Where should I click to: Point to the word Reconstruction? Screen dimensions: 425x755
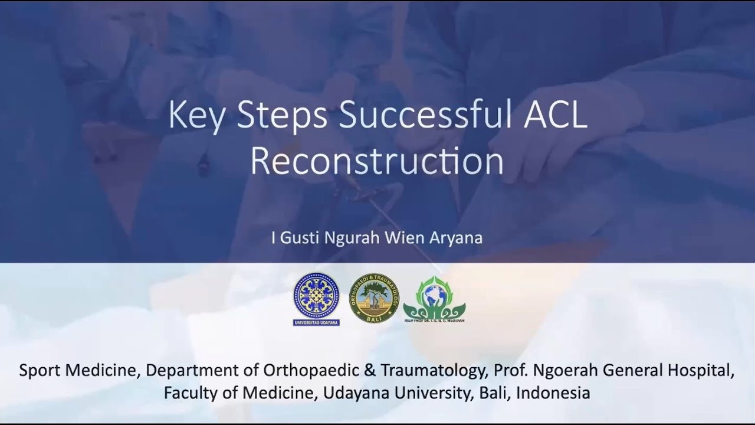[377, 161]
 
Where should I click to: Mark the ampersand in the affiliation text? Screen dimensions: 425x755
[370, 371]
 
